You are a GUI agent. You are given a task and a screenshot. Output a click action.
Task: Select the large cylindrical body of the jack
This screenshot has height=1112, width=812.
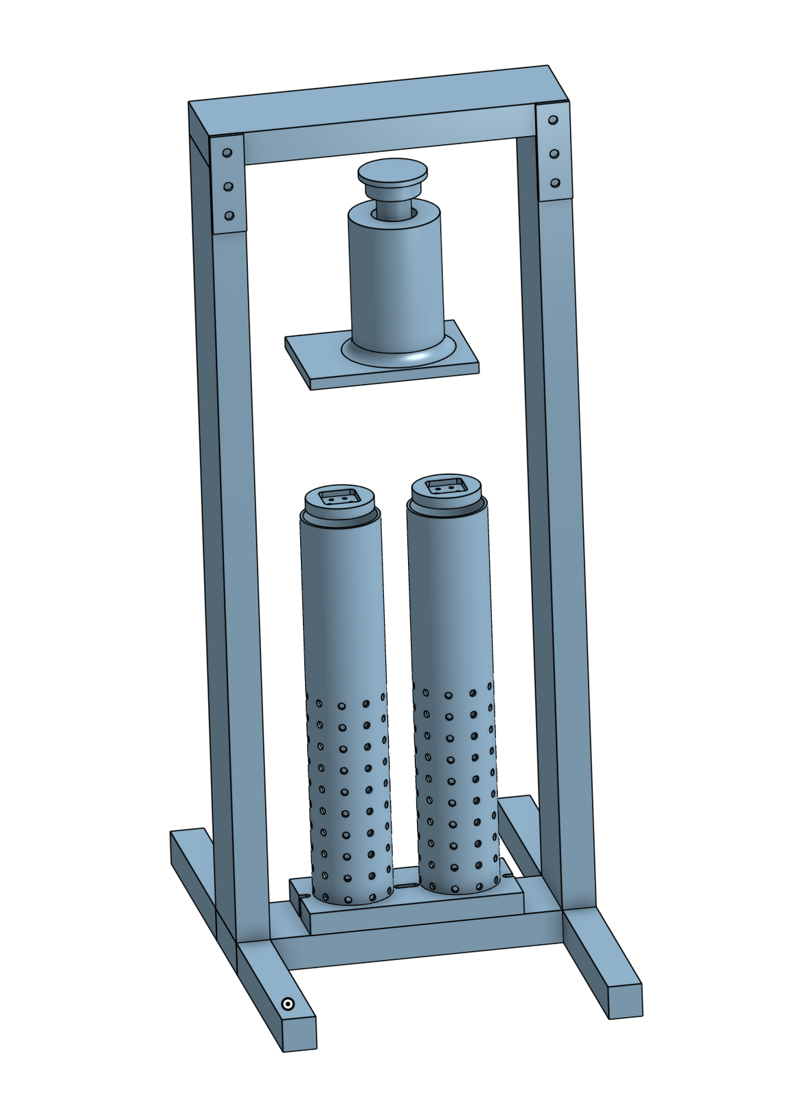coord(396,282)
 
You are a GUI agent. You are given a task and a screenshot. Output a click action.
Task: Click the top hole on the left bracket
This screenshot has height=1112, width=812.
coord(228,153)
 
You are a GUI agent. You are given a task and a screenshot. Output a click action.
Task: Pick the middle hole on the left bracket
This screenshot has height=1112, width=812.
coord(229,186)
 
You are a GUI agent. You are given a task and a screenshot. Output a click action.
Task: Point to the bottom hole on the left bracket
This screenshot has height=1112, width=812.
coord(229,216)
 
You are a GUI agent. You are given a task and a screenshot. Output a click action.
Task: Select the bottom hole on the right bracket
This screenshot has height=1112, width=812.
coord(555,183)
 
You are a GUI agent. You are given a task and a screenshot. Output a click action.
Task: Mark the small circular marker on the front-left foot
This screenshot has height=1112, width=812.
coord(289,1005)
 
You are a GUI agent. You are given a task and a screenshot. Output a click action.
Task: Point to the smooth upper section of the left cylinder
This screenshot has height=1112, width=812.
coord(341,605)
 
